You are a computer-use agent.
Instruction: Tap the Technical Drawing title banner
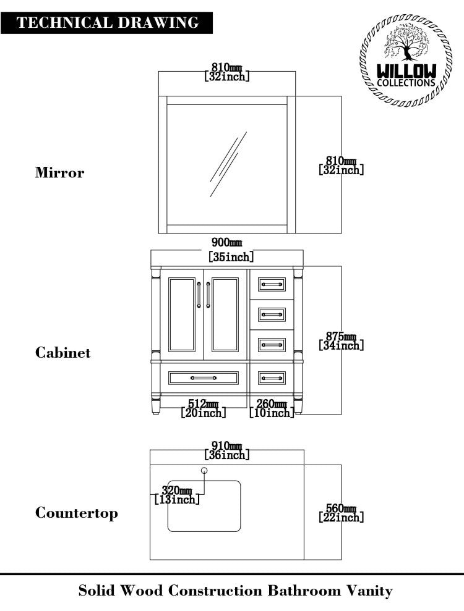(108, 23)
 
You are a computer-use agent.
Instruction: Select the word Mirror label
(59, 173)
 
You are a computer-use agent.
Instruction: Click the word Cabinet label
(62, 353)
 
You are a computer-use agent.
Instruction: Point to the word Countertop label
(76, 513)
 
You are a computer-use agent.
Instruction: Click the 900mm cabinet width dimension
(227, 242)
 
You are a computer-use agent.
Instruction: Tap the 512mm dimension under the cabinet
(204, 404)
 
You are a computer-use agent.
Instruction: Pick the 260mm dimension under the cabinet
(272, 404)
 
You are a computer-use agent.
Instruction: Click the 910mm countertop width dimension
(227, 445)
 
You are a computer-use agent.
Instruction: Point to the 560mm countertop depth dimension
(341, 508)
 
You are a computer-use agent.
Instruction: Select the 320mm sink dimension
(176, 491)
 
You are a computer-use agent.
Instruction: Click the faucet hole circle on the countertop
(204, 471)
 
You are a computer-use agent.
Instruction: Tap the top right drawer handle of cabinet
(272, 284)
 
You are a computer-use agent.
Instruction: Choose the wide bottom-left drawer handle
(204, 377)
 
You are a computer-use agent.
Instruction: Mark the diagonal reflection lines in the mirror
(226, 164)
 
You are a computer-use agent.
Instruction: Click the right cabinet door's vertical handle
(208, 295)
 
